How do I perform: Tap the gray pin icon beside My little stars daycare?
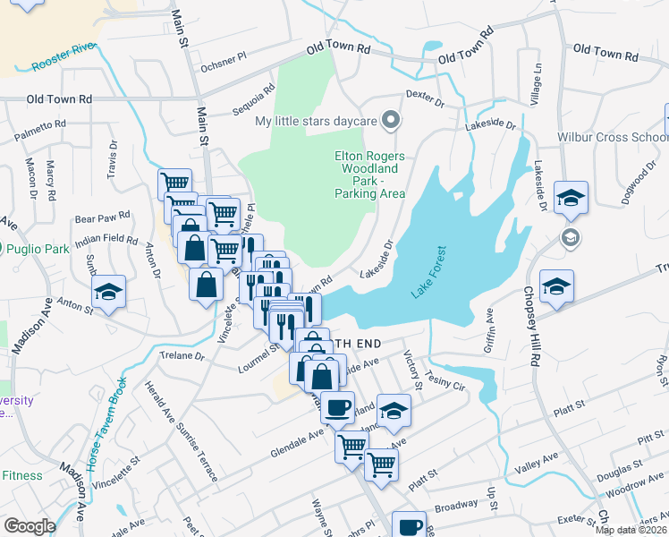click(x=390, y=119)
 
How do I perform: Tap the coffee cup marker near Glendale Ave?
click(x=338, y=407)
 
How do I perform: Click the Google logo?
click(x=30, y=526)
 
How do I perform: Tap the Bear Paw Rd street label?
click(x=103, y=217)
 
